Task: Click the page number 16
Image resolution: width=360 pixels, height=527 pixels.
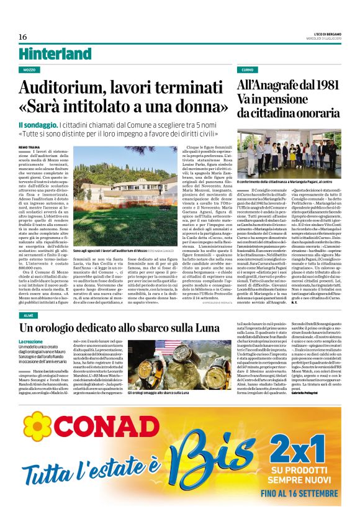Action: [x=22, y=37]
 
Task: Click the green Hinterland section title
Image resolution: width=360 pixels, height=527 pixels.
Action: [x=55, y=53]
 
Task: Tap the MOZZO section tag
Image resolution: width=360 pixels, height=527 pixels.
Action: [x=29, y=70]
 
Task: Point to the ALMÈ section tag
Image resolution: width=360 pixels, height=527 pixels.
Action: [x=28, y=316]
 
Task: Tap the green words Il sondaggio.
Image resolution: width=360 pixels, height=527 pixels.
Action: [x=38, y=125]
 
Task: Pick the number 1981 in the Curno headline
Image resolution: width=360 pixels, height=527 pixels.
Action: [x=322, y=85]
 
